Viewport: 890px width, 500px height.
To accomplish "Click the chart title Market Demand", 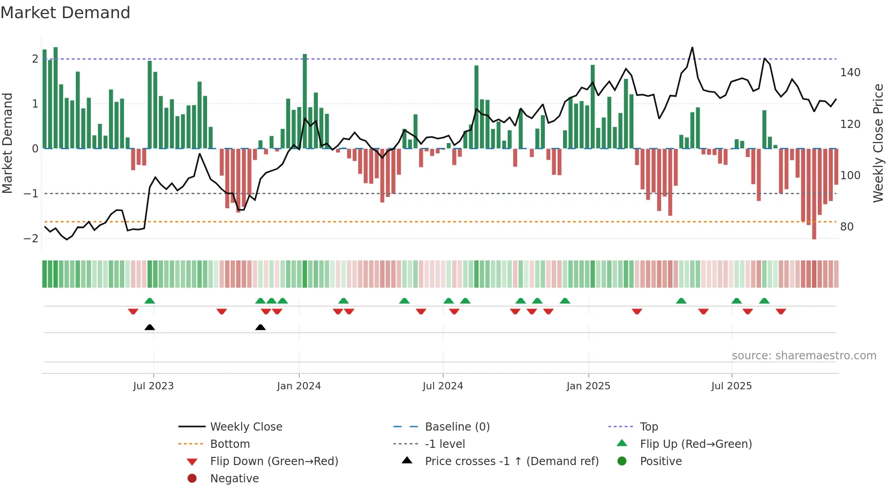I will [x=65, y=13].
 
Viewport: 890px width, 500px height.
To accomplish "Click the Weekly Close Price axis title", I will [x=878, y=143].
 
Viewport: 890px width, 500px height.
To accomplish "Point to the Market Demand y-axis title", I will [x=7, y=143].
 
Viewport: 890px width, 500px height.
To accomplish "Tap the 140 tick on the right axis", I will [x=850, y=73].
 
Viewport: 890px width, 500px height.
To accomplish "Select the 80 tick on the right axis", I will [x=846, y=227].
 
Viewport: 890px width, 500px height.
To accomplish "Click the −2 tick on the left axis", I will [x=31, y=239].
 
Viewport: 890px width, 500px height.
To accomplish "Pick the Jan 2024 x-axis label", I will [x=299, y=386].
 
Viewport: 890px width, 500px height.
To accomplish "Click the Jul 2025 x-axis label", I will [x=731, y=386].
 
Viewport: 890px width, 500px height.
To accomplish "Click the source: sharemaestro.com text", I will [x=804, y=356].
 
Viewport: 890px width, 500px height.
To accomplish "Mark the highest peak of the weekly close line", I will [x=692, y=47].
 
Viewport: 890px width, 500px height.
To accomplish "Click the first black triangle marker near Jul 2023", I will [x=149, y=327].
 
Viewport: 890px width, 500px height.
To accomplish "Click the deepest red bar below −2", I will [x=814, y=236].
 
